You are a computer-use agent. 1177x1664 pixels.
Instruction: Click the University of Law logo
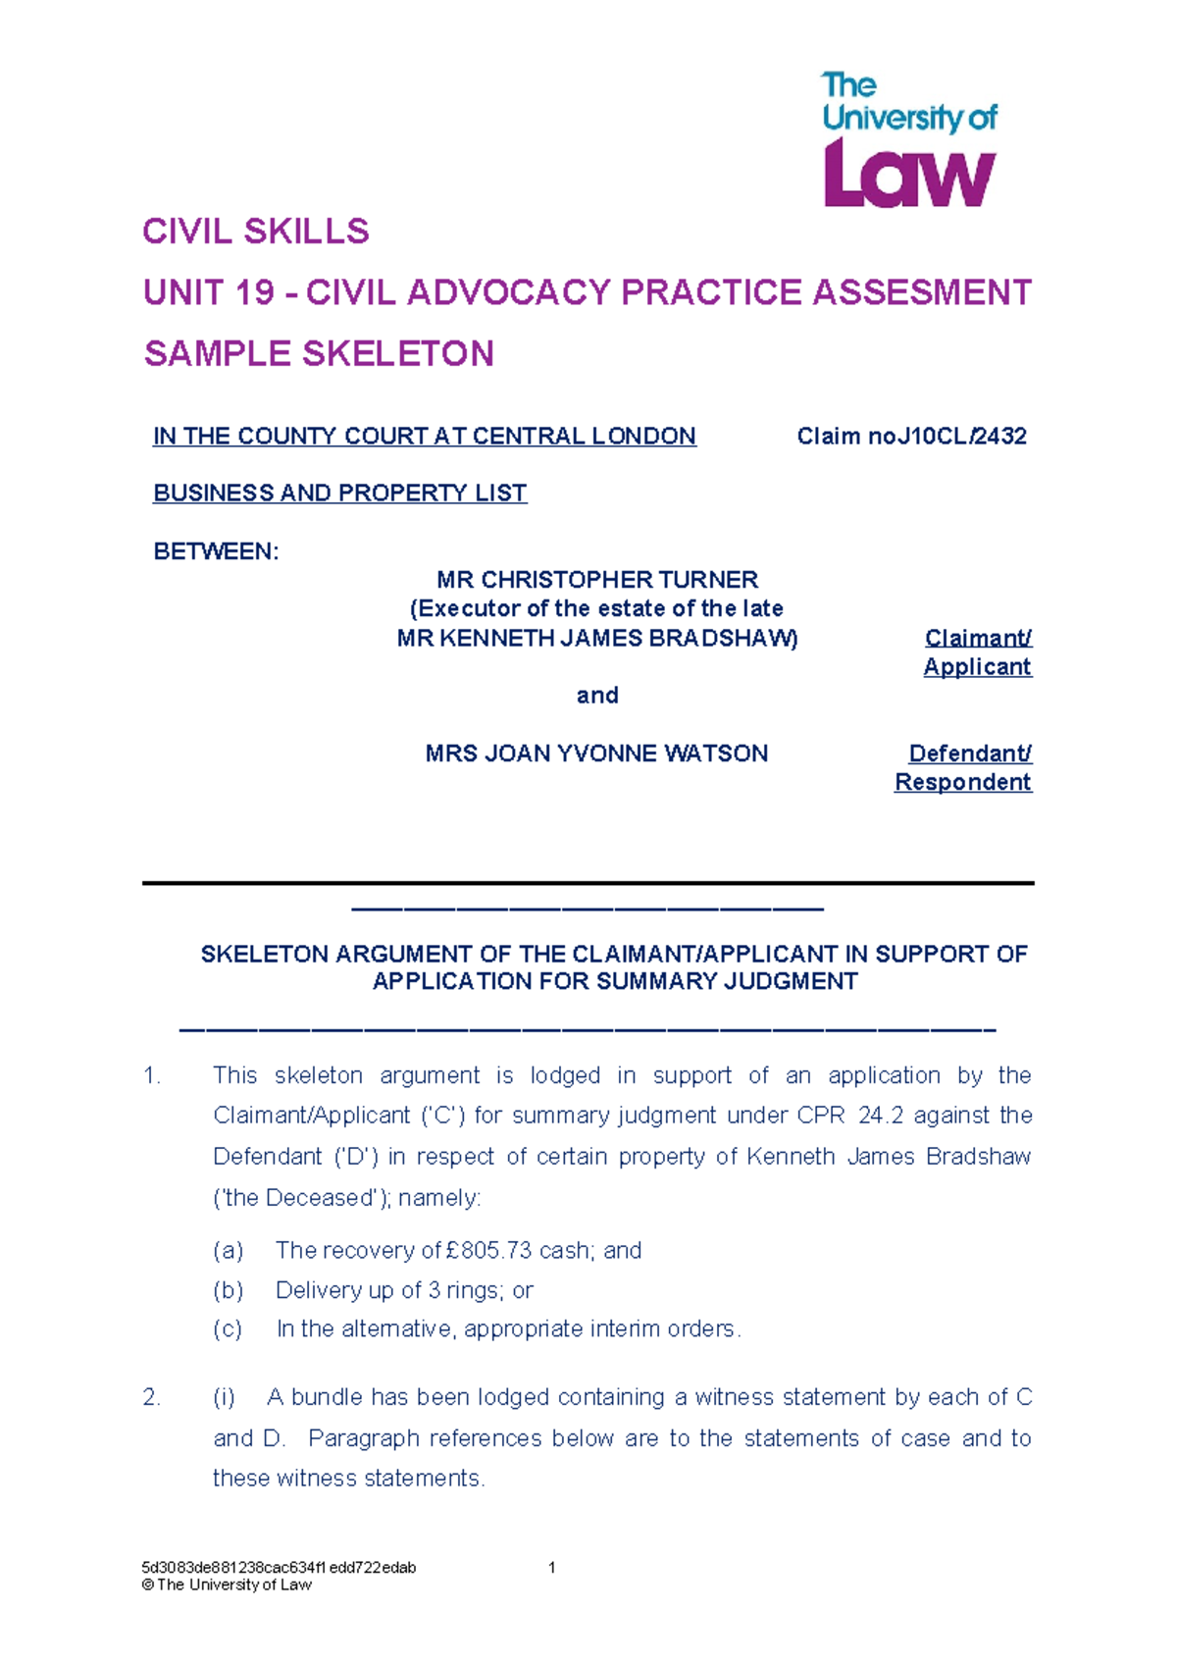click(908, 140)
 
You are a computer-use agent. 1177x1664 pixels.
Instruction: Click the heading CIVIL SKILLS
click(256, 232)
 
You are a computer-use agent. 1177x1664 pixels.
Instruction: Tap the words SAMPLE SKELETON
click(319, 353)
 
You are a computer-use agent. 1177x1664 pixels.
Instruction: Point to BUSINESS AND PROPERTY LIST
click(339, 493)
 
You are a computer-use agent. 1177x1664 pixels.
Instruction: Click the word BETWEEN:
click(216, 551)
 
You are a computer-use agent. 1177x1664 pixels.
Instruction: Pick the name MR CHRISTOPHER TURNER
click(597, 580)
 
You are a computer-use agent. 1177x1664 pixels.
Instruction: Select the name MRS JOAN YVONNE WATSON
click(596, 754)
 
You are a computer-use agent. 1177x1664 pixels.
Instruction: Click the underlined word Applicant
click(977, 667)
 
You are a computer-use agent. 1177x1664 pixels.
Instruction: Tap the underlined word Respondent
click(962, 782)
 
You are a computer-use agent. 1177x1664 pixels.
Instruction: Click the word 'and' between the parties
click(597, 696)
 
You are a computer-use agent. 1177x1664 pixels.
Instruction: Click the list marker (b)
click(228, 1290)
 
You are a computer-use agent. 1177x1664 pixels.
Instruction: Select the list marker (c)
click(228, 1329)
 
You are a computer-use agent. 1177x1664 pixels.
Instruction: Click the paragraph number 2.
click(151, 1397)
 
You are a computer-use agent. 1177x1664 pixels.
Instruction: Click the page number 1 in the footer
click(552, 1567)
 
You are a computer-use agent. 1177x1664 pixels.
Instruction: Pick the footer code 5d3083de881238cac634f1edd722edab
click(279, 1567)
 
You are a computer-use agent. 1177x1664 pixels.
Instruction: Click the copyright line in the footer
click(227, 1585)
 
